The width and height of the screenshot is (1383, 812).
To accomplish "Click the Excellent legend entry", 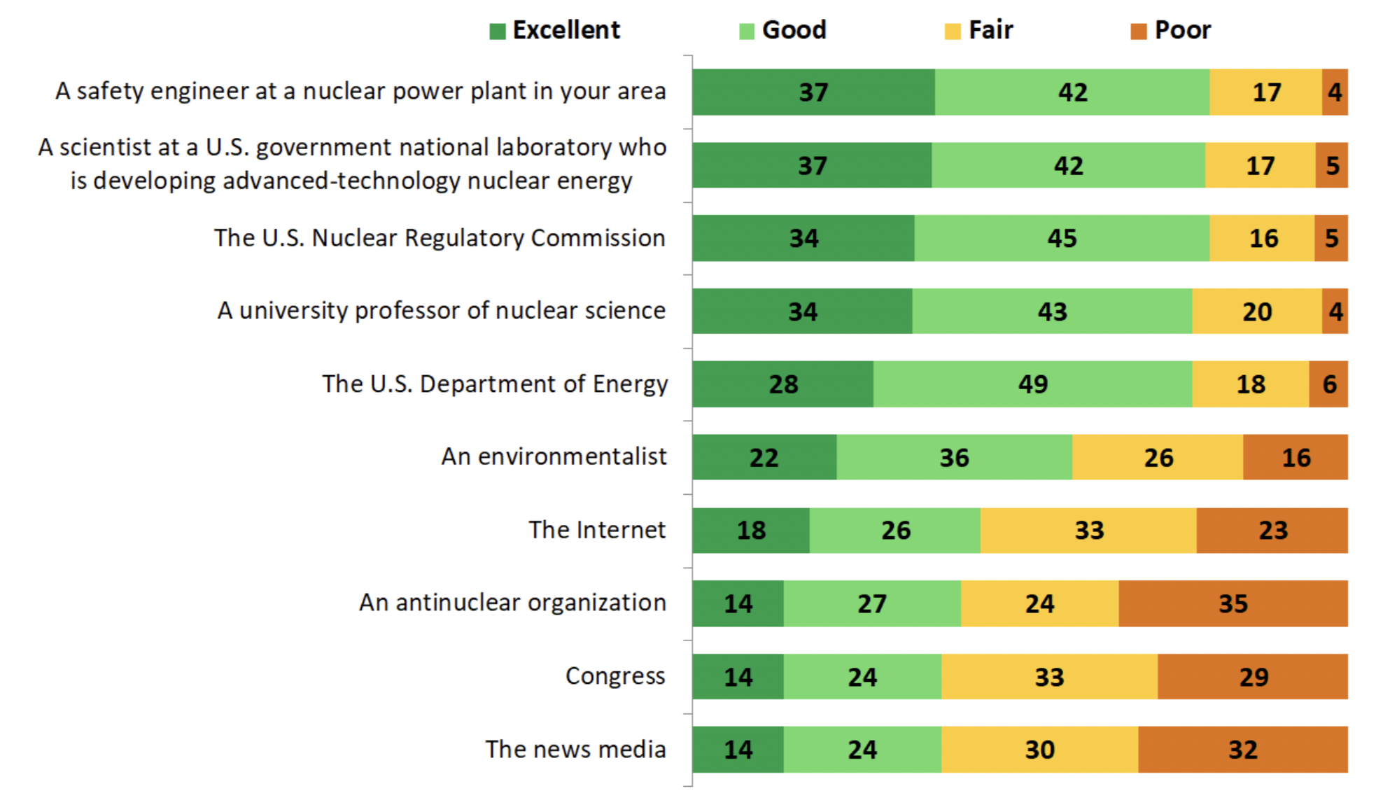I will pos(555,30).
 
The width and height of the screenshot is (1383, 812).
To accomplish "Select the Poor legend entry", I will pos(1171,30).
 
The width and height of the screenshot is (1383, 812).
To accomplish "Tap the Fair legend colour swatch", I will pos(952,31).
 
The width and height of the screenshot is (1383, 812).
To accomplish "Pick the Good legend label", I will pos(794,30).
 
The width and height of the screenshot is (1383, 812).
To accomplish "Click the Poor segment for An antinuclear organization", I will pos(1233,603).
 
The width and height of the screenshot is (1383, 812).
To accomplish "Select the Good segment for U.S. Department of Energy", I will pos(1032,384).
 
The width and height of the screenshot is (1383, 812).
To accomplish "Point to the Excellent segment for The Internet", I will pos(751,531).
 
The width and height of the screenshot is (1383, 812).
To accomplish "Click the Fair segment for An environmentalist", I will pos(1158,458).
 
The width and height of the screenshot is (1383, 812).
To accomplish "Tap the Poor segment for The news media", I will pos(1242,750).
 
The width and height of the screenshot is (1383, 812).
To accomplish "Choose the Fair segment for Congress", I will pos(1049,677).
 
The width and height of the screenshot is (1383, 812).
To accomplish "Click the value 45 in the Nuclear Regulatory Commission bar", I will pos(1061,239).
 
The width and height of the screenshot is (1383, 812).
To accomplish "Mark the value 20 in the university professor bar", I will pos(1256,311).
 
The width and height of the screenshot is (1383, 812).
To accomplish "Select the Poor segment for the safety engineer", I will pos(1334,92).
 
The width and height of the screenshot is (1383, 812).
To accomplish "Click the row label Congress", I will pos(615,676).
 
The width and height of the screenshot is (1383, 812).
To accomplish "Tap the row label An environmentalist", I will pos(553,456).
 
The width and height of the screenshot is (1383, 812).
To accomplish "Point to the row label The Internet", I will pos(596,530).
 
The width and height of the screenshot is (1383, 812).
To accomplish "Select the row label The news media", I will pos(575,749).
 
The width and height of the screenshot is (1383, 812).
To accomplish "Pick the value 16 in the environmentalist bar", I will pos(1296,458).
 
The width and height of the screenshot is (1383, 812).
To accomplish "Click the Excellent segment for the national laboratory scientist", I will pos(812,166).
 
